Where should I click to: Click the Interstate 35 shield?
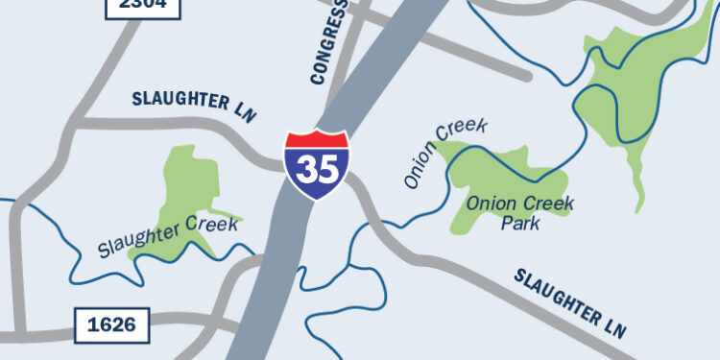click(x=318, y=165)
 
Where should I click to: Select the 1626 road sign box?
click(x=112, y=324)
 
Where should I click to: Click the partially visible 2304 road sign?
click(x=142, y=5)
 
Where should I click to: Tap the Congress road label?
click(x=329, y=43)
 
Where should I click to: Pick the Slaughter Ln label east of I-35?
click(x=570, y=302)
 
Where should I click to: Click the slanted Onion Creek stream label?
click(x=445, y=153)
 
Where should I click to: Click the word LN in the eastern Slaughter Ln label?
click(x=615, y=327)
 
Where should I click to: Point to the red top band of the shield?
click(x=318, y=141)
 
